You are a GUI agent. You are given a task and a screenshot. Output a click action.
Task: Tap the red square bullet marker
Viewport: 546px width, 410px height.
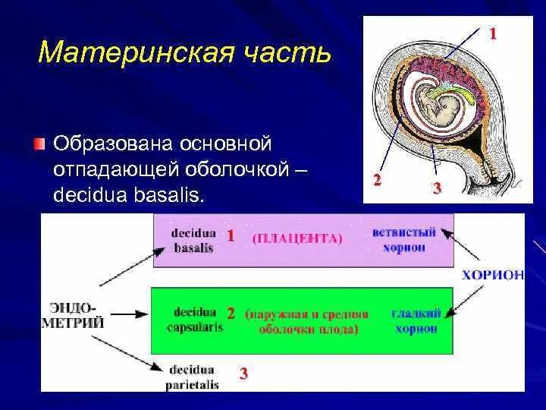tap(40, 144)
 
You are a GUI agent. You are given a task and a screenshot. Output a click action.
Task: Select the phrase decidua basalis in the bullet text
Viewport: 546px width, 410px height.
tap(128, 195)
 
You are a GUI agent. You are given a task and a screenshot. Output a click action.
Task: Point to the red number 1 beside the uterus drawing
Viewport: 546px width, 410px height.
tap(492, 34)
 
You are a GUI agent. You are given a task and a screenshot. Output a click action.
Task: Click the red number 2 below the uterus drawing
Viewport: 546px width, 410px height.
tap(377, 180)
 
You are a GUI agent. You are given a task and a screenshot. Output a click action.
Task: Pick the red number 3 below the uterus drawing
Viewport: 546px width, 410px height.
tap(437, 188)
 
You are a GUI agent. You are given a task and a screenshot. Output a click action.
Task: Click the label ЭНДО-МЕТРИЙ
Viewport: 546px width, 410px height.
tap(74, 316)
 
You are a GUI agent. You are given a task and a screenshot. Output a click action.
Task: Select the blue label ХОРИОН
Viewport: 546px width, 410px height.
tap(493, 275)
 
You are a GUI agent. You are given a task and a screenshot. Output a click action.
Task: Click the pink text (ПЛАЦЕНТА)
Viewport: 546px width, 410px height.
tap(297, 239)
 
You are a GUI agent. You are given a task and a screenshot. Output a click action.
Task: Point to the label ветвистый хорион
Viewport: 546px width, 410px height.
tap(404, 240)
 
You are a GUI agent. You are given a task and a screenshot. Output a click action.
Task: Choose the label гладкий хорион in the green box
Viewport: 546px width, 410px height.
tap(416, 321)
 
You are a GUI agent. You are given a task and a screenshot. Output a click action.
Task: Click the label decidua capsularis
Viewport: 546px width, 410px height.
tap(195, 320)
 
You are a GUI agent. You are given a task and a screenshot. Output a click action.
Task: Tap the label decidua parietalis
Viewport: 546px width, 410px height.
tap(192, 377)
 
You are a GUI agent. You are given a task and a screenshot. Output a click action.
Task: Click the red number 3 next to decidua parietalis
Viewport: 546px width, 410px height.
tap(243, 374)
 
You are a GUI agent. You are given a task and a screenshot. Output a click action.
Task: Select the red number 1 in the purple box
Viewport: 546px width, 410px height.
tap(231, 236)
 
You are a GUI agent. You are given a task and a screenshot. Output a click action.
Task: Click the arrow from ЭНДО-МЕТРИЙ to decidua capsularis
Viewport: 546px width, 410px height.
tap(129, 314)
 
